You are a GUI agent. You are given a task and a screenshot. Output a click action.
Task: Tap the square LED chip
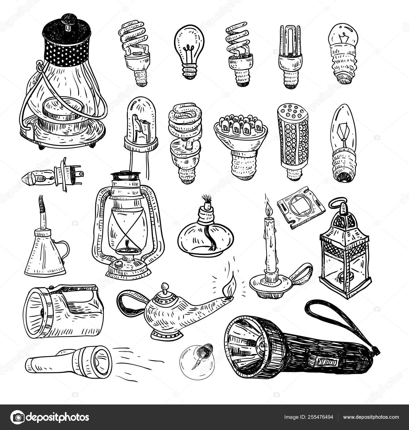[x=301, y=208]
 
